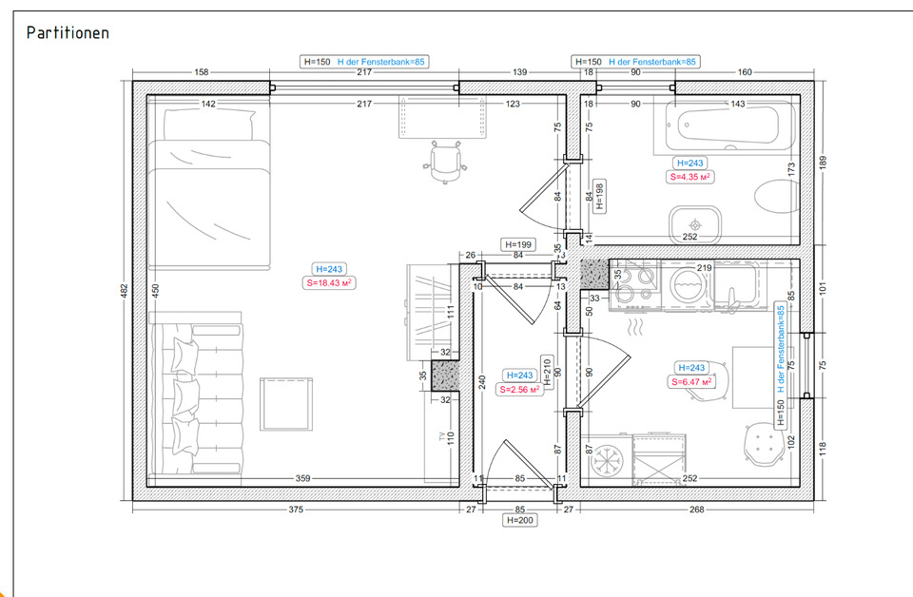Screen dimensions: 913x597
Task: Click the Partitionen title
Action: pos(68,32)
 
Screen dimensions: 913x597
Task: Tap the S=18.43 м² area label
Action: pos(329,282)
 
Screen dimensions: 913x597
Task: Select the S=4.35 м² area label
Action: pos(690,177)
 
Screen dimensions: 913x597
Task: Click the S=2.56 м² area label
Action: pos(520,389)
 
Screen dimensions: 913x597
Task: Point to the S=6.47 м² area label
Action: pos(691,382)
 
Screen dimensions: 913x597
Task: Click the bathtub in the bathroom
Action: pos(725,125)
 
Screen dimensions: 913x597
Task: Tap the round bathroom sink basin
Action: pos(694,224)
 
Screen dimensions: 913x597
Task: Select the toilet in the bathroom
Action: pos(777,196)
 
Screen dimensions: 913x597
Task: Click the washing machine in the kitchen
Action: pos(688,286)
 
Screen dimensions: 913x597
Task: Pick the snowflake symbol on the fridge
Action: pos(608,461)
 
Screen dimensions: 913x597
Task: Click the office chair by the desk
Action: pos(445,162)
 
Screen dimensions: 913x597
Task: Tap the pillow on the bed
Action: pos(209,125)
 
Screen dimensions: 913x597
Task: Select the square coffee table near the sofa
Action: pos(286,404)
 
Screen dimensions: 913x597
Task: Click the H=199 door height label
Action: pos(518,245)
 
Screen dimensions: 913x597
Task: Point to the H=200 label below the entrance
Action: pos(520,520)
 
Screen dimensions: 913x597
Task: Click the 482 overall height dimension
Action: pos(124,291)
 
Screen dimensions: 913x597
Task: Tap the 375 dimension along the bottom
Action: pos(296,510)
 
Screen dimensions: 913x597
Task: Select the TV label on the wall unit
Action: pos(442,435)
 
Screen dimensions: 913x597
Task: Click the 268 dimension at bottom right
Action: pos(697,510)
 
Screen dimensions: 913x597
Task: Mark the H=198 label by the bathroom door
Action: pos(599,197)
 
